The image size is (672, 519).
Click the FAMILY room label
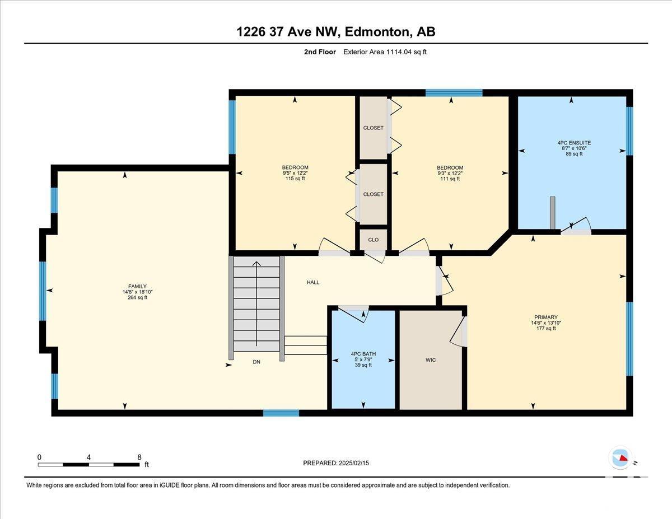click(137, 286)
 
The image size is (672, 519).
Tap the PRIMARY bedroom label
click(546, 317)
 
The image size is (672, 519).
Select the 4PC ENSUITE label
click(574, 143)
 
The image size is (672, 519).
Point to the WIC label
click(431, 360)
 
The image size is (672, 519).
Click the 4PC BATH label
click(363, 354)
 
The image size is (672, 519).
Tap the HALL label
click(313, 282)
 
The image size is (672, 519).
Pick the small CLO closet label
click(374, 240)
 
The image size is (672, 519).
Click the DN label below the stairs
click(256, 362)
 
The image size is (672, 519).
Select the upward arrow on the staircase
click(256, 303)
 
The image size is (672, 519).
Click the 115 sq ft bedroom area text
click(295, 179)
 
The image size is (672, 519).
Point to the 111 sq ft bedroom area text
click(450, 179)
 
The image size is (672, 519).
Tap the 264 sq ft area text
click(137, 297)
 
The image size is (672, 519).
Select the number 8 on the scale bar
click(139, 457)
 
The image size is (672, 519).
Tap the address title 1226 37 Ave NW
click(286, 32)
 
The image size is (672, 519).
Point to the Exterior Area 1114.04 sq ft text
click(385, 52)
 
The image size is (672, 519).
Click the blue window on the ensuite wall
click(629, 131)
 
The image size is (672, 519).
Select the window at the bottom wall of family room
click(281, 413)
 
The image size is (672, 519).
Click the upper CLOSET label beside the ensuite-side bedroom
click(374, 128)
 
